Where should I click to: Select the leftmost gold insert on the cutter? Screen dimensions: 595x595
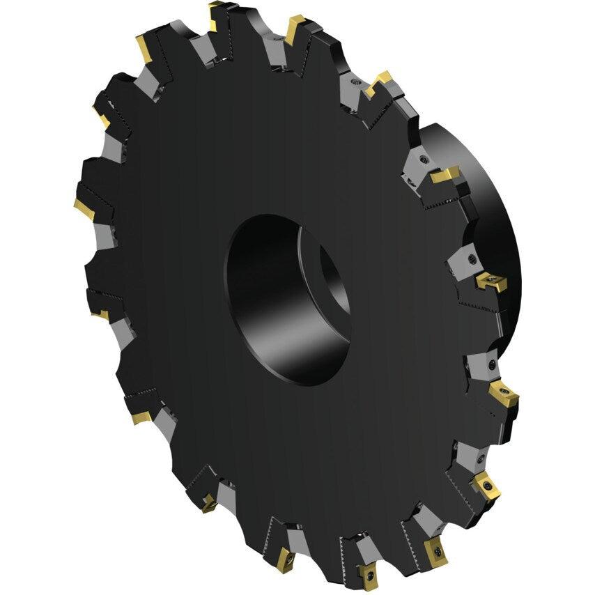[x=84, y=208]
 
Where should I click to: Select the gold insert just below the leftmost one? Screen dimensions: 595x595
[x=100, y=315]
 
